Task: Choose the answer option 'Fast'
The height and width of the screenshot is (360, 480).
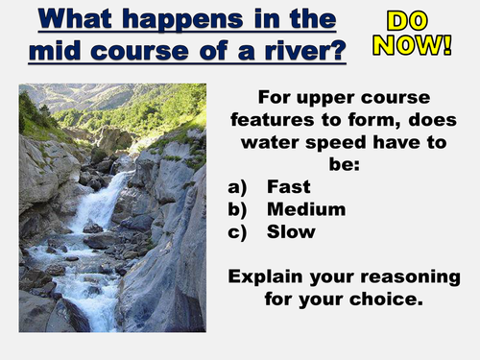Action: pyautogui.click(x=288, y=187)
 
